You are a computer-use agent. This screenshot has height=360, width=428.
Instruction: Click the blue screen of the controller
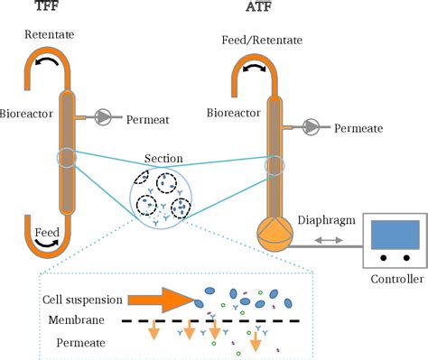click(394, 234)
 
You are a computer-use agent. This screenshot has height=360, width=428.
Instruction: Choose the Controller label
click(395, 280)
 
